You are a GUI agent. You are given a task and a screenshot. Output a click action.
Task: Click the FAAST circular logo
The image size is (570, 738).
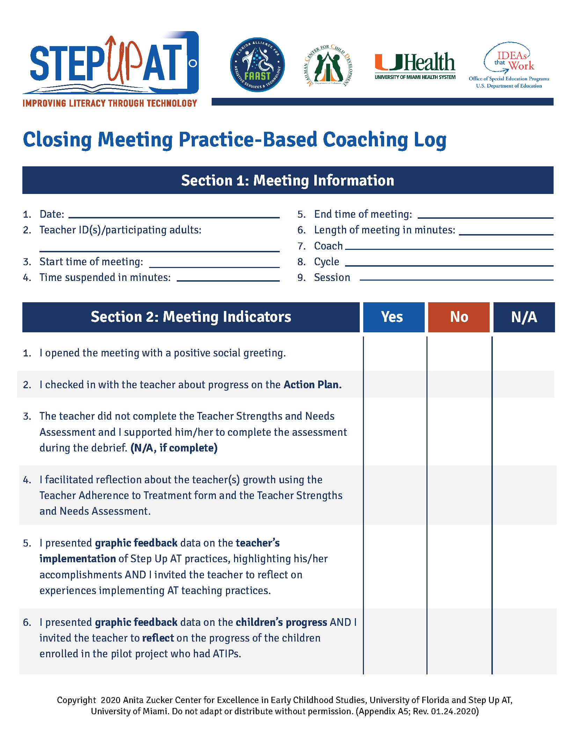coord(257,65)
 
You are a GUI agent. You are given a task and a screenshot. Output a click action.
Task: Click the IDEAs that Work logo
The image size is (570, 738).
coord(509,65)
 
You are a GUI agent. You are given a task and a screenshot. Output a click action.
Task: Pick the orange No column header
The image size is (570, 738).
coord(459,317)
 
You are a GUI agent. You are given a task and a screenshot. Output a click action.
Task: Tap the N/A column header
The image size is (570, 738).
coord(524,317)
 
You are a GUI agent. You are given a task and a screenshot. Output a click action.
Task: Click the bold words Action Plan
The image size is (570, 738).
coord(312,385)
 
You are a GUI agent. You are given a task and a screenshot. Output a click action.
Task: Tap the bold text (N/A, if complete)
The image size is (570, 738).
coord(174,448)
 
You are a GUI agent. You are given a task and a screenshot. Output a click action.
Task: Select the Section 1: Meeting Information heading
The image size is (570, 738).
coord(287,180)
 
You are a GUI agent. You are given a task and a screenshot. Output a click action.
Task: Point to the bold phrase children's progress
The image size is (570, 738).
coord(281,622)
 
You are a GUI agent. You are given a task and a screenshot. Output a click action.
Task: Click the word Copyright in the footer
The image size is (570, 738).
coord(76,700)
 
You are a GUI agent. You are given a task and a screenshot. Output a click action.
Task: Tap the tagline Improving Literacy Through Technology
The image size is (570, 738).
coord(110,103)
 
